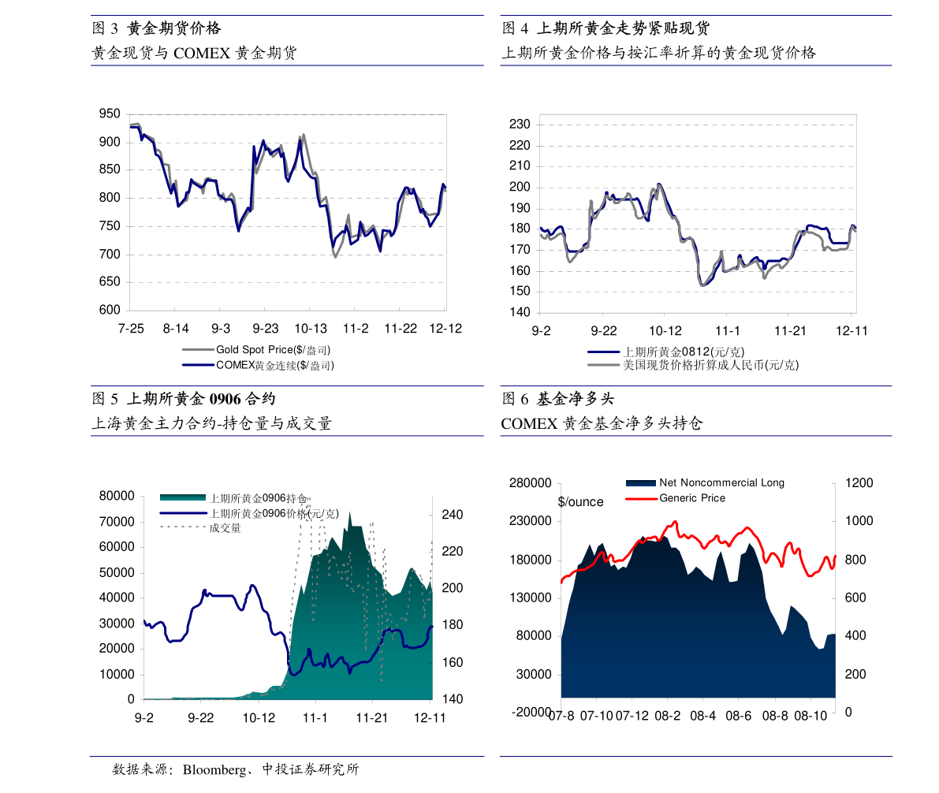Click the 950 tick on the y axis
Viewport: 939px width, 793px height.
pos(110,114)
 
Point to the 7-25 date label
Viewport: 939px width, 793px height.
pos(131,329)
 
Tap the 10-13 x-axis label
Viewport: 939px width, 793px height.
pos(311,329)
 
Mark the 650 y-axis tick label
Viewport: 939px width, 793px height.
pos(110,282)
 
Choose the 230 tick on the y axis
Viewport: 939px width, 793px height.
pos(520,125)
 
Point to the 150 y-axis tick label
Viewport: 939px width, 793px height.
pos(520,292)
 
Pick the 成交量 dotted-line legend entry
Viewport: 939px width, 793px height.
pos(225,527)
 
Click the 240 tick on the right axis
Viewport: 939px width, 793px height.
pos(453,515)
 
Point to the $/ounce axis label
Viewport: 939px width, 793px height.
pos(580,502)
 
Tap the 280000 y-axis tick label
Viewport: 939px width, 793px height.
pos(531,483)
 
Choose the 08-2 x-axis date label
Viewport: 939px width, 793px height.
pos(668,716)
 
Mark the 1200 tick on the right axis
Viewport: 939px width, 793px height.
pos(859,483)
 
